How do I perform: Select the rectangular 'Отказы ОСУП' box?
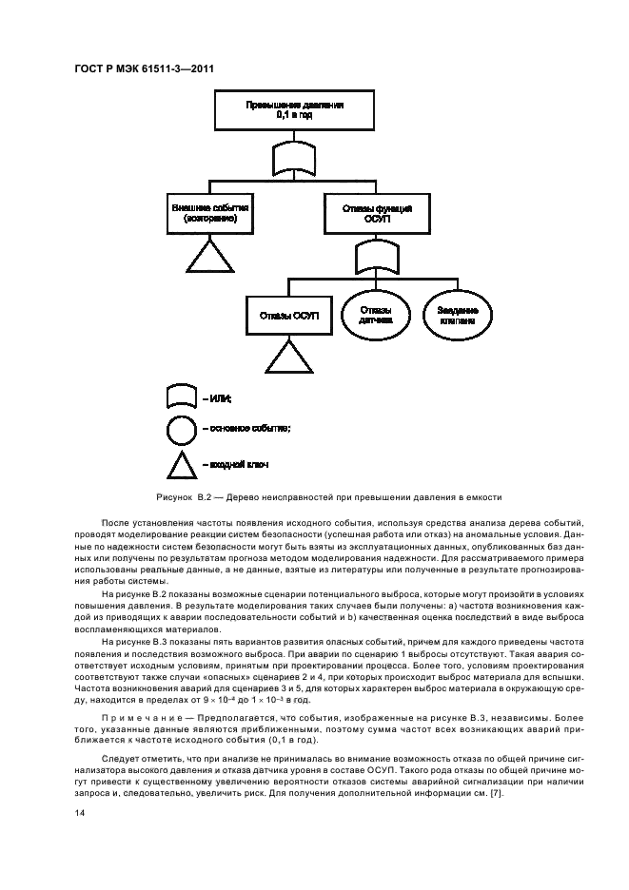pyautogui.click(x=289, y=315)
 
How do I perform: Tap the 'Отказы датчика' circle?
pyautogui.click(x=375, y=315)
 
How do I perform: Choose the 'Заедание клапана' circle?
pyautogui.click(x=458, y=315)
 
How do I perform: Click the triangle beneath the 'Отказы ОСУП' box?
pyautogui.click(x=288, y=358)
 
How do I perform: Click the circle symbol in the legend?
pyautogui.click(x=182, y=431)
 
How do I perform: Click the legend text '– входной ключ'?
pyautogui.click(x=235, y=464)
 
